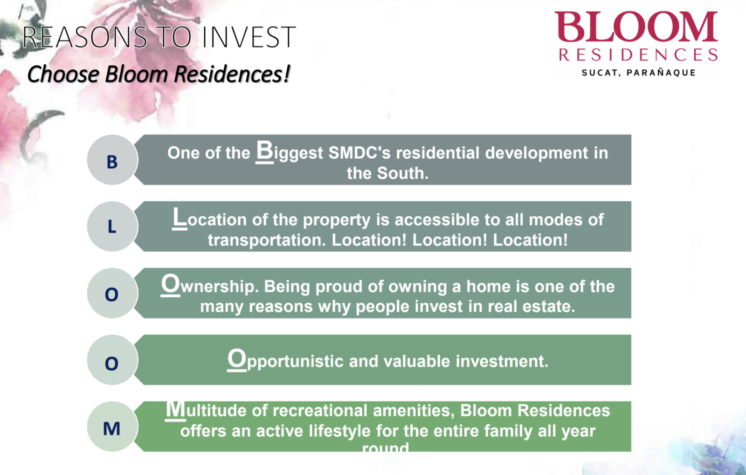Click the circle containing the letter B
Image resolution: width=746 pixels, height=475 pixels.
pos(112,160)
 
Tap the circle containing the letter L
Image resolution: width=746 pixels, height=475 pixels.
pos(112,226)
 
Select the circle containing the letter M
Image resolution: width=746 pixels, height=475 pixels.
pos(112,427)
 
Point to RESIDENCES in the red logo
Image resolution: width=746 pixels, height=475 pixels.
pos(638,55)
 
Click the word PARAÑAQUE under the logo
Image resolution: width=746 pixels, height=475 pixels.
pos(661,73)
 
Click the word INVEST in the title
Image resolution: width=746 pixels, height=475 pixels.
pos(249,37)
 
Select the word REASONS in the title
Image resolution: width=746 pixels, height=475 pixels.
pos(84,37)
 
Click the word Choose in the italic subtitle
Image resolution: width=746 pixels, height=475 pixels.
pos(63,74)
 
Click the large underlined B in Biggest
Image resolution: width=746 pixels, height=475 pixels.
pos(264,151)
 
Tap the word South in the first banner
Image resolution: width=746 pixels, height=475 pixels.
pos(403,173)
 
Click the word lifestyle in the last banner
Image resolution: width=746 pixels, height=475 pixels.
pos(339,431)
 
